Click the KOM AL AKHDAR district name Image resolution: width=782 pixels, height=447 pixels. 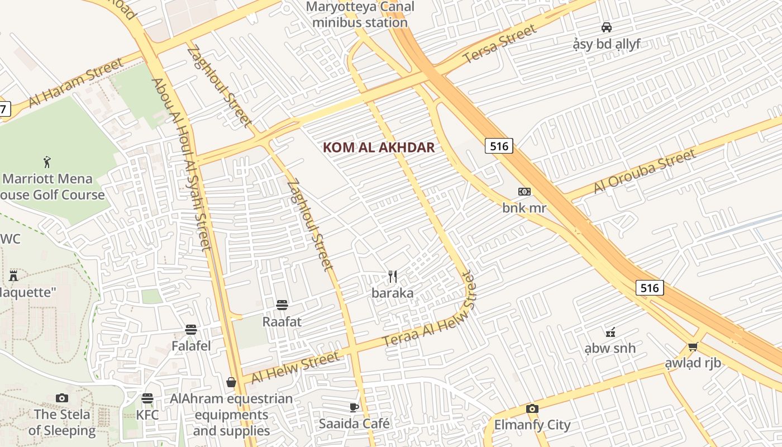pyautogui.click(x=379, y=148)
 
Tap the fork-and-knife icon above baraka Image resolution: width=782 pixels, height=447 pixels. pyautogui.click(x=393, y=276)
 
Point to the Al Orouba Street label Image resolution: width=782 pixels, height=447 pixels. pyautogui.click(x=645, y=171)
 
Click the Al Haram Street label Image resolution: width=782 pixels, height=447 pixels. pyautogui.click(x=76, y=82)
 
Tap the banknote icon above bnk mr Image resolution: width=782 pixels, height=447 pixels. pyautogui.click(x=524, y=192)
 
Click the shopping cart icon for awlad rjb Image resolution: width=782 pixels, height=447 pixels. pyautogui.click(x=693, y=346)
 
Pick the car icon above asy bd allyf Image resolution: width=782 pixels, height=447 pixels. pyautogui.click(x=606, y=27)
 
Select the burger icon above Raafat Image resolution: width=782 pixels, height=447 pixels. pyautogui.click(x=282, y=305)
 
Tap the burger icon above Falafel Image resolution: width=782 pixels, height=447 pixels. pyautogui.click(x=191, y=330)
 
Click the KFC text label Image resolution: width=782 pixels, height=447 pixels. pyautogui.click(x=147, y=415)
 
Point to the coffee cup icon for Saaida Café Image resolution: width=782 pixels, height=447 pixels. pyautogui.click(x=354, y=407)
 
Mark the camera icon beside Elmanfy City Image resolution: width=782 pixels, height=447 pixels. pyautogui.click(x=532, y=408)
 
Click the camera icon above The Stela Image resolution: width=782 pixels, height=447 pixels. pyautogui.click(x=62, y=398)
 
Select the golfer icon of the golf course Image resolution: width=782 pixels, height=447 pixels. pyautogui.click(x=47, y=163)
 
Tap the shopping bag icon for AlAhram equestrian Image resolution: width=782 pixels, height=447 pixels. pyautogui.click(x=231, y=382)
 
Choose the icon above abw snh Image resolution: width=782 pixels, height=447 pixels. pyautogui.click(x=610, y=332)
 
